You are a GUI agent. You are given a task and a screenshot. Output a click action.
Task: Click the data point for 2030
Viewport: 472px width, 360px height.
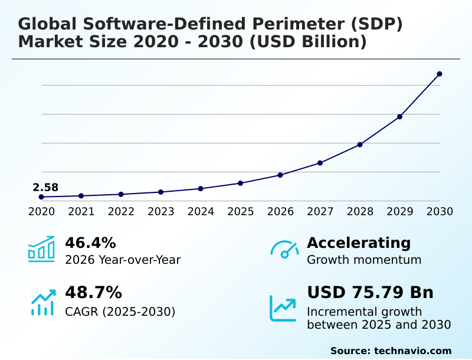tap(440, 74)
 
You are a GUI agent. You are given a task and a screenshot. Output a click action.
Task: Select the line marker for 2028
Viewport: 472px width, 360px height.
tap(360, 145)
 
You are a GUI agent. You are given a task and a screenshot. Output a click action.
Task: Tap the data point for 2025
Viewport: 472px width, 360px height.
tap(240, 183)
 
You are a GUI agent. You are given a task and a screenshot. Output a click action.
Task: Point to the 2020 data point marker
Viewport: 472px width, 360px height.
tap(41, 197)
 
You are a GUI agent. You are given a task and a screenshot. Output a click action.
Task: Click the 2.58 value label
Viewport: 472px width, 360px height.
tap(45, 188)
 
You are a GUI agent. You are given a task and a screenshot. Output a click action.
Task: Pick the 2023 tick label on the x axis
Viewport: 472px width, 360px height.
tap(161, 211)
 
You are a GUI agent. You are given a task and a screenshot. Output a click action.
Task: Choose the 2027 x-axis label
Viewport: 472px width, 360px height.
tap(320, 211)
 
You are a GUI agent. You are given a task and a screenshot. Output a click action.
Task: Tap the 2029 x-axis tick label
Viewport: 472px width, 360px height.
tap(400, 211)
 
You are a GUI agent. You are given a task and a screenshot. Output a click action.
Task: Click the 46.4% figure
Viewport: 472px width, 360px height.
tap(90, 243)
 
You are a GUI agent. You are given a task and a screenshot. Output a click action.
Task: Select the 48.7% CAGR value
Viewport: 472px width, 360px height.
tap(93, 293)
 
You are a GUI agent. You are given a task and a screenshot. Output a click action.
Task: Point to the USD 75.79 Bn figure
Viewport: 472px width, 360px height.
tap(371, 293)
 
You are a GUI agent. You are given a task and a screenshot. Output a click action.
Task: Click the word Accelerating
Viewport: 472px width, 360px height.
tap(359, 243)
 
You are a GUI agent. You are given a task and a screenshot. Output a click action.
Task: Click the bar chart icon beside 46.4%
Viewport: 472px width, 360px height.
tap(41, 249)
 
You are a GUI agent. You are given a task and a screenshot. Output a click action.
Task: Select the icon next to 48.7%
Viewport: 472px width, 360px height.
tap(42, 302)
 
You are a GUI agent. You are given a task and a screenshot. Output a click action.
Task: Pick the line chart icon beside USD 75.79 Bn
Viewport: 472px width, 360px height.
tap(283, 308)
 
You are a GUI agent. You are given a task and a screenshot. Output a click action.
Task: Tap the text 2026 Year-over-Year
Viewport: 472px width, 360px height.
tap(123, 260)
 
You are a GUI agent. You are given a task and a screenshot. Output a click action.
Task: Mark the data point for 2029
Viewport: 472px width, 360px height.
tap(399, 117)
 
